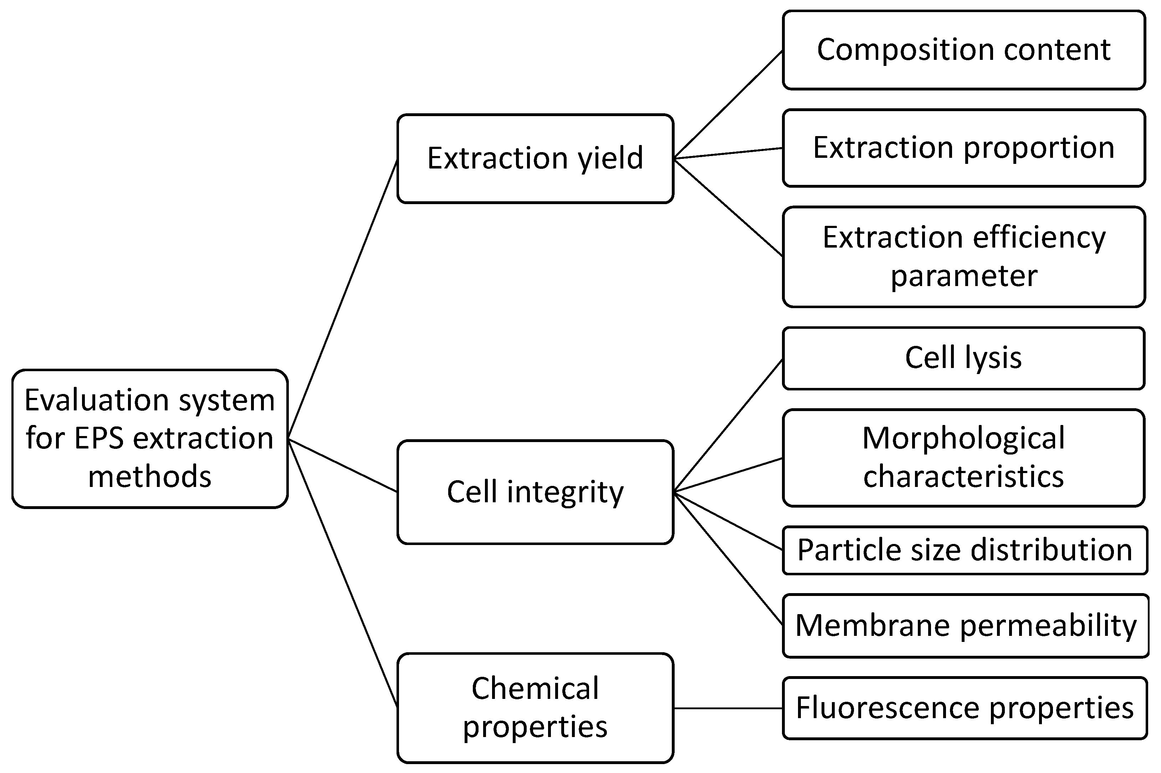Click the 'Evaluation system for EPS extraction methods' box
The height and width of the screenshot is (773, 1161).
[x=149, y=438]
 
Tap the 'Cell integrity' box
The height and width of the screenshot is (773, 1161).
[x=535, y=492]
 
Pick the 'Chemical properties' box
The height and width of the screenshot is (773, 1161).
[x=535, y=707]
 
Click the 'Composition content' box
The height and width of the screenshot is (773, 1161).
[x=963, y=50]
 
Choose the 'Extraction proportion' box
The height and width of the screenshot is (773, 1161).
[x=963, y=148]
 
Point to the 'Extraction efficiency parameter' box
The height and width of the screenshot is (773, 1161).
[x=963, y=256]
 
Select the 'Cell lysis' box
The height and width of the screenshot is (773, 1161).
[x=963, y=358]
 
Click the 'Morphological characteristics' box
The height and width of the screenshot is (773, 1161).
[x=963, y=457]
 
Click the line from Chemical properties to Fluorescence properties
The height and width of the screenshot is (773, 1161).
[x=728, y=709]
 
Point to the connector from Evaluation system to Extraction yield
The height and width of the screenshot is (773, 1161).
[x=342, y=300]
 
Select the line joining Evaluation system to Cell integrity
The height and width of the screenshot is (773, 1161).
[x=342, y=465]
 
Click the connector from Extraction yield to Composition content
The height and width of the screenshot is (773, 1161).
[x=728, y=104]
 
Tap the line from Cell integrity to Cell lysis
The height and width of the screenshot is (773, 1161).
[x=728, y=425]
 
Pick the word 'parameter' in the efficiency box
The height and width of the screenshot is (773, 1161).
[x=963, y=276]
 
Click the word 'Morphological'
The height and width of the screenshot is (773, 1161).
[x=963, y=438]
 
